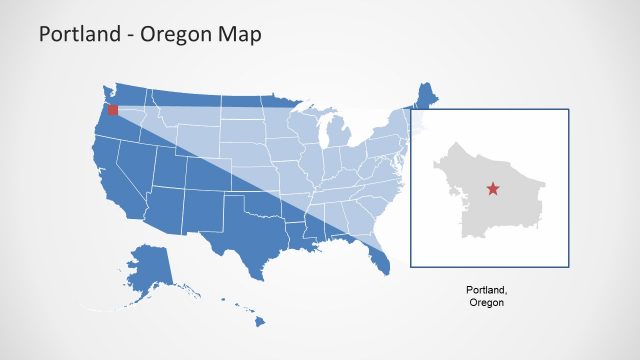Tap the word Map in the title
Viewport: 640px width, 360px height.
click(x=242, y=35)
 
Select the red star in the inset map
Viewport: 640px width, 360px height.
click(x=490, y=188)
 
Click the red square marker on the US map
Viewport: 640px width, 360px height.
click(x=113, y=111)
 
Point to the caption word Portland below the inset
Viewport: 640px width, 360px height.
click(x=487, y=290)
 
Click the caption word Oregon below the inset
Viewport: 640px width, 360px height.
click(x=487, y=302)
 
